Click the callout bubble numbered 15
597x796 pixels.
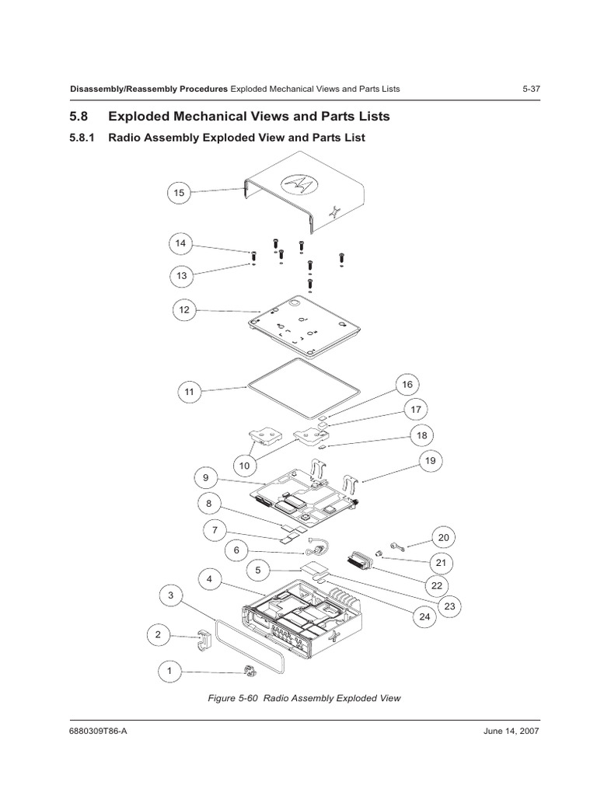[x=180, y=192]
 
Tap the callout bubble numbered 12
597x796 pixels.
[x=184, y=310]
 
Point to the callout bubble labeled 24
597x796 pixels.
[x=424, y=617]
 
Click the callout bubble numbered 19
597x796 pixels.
[x=430, y=461]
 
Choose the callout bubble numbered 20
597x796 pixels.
[x=444, y=537]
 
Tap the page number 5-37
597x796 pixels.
[x=531, y=89]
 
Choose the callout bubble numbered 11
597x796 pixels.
[x=189, y=392]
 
